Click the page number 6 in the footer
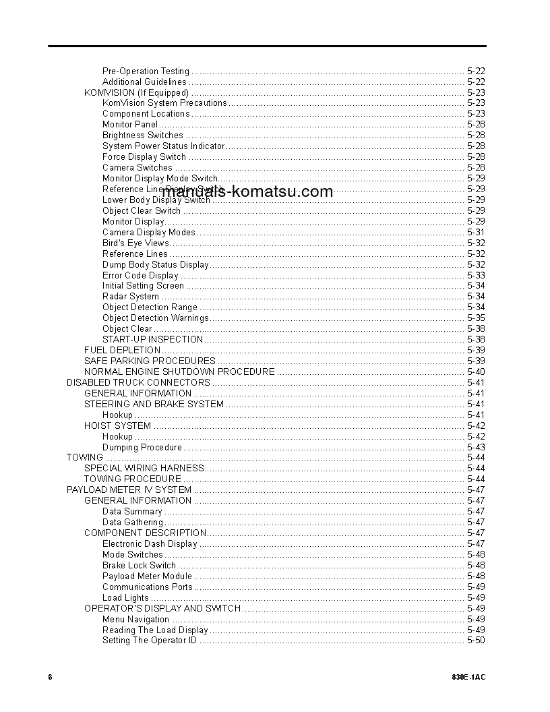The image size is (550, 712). pos(50,677)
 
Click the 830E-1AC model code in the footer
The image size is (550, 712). pos(468,677)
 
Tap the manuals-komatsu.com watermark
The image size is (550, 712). pos(247,191)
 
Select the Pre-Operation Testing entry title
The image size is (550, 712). pos(146,71)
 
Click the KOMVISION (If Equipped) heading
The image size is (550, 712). pos(136,92)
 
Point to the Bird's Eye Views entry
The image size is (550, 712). pos(135,243)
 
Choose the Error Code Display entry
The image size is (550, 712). pos(140,275)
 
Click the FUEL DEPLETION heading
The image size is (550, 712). pos(122,350)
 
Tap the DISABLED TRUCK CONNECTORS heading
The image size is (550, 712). pos(138,382)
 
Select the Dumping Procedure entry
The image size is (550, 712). pos(142,447)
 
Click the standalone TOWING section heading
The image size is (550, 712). pos(84,457)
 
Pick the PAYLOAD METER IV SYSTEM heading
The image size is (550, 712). pos(129,489)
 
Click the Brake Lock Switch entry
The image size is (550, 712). pos(139,565)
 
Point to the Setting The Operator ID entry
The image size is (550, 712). pos(150,641)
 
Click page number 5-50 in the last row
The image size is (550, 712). pos(475,641)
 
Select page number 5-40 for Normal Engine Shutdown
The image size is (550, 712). pos(475,372)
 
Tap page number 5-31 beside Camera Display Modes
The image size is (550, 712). pos(475,232)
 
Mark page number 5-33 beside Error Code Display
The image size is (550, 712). pos(475,275)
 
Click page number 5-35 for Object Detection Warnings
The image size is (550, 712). pos(475,318)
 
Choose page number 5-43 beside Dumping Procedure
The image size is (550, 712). pos(475,447)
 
